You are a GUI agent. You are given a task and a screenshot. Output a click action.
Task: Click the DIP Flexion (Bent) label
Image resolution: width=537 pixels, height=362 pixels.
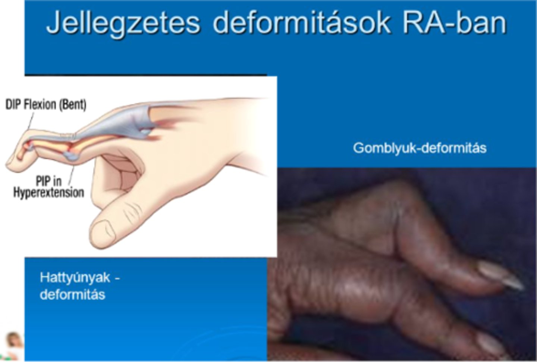coord(45,104)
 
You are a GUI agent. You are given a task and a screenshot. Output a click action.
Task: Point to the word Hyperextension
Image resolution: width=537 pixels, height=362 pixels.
coord(48,193)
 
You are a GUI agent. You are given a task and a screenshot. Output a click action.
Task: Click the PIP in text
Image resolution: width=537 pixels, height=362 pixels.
coord(48,181)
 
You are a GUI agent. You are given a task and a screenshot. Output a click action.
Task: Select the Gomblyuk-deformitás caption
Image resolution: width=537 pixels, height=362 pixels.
coord(420,148)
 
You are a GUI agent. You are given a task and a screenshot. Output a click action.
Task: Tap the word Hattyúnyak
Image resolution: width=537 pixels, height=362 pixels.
coord(75,278)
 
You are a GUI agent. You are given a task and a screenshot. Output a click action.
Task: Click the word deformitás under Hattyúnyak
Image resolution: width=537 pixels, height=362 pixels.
coord(72,294)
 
